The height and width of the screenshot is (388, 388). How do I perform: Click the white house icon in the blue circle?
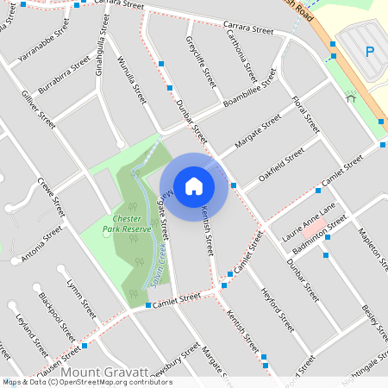point(194,185)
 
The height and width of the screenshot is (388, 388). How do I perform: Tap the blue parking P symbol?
point(371,52)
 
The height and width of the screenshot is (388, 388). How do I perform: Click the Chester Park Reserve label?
point(127,224)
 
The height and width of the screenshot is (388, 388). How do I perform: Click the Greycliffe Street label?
point(200,63)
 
